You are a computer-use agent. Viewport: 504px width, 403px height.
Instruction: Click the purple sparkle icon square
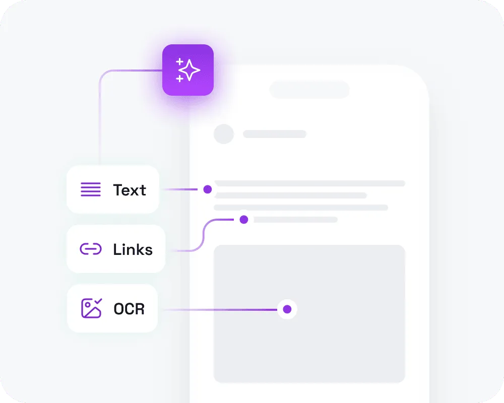click(x=188, y=70)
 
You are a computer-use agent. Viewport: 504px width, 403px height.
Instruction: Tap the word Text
click(x=130, y=190)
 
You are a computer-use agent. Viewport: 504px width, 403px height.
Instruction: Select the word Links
click(x=133, y=249)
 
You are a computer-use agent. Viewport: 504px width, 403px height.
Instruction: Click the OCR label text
click(x=129, y=309)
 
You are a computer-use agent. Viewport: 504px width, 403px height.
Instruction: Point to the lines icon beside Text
click(x=91, y=190)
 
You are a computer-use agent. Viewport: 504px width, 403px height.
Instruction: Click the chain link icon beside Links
click(x=91, y=249)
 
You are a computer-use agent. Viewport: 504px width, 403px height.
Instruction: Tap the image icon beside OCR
click(x=91, y=308)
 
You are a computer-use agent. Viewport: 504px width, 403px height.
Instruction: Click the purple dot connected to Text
click(x=207, y=189)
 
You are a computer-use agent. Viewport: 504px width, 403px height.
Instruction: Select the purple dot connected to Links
click(x=244, y=220)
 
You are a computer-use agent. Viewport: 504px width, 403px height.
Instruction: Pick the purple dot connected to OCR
click(x=287, y=309)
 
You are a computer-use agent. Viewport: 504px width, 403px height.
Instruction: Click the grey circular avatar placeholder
click(x=224, y=134)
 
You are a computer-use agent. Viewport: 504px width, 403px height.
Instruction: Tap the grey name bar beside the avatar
click(x=275, y=134)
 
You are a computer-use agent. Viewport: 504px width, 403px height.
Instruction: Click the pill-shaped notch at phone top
click(x=309, y=90)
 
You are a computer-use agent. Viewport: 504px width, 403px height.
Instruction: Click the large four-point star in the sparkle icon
click(x=190, y=71)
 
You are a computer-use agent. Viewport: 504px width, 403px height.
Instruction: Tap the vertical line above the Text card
click(x=100, y=126)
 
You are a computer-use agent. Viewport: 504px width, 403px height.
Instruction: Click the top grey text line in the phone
click(x=310, y=183)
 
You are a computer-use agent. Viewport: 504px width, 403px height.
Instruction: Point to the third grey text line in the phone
click(x=301, y=208)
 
